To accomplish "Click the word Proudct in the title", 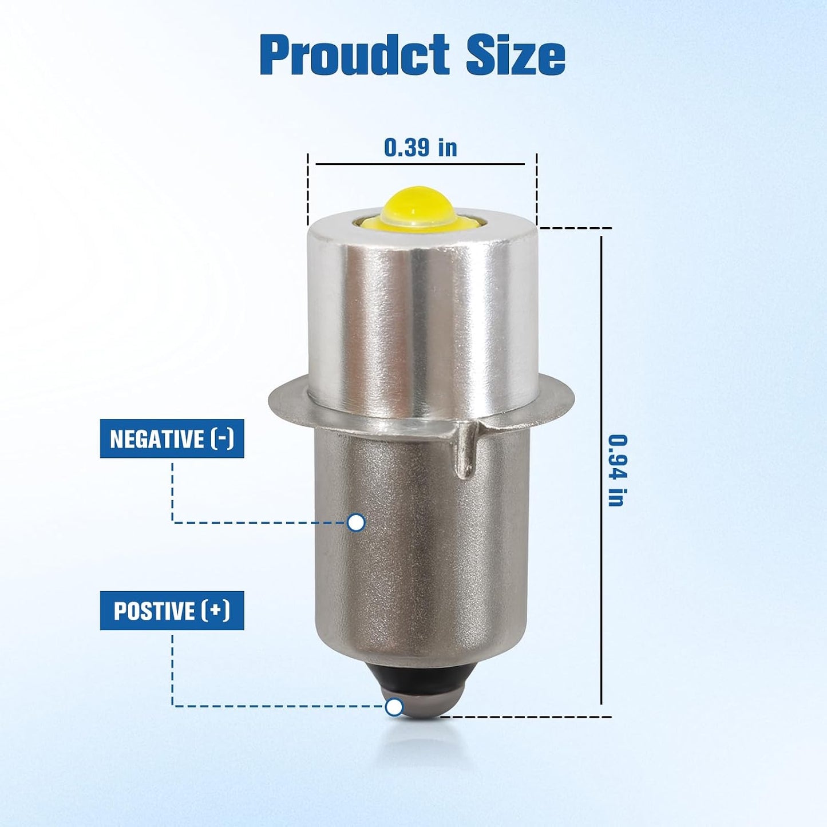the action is tap(355, 56).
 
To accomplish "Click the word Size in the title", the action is tap(516, 56).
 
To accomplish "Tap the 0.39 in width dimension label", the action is tap(421, 147).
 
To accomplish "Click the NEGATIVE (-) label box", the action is tap(172, 438).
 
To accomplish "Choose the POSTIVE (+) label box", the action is tap(172, 611).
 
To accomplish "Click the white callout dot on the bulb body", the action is tap(356, 523).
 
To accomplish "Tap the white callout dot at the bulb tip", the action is tap(394, 707).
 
